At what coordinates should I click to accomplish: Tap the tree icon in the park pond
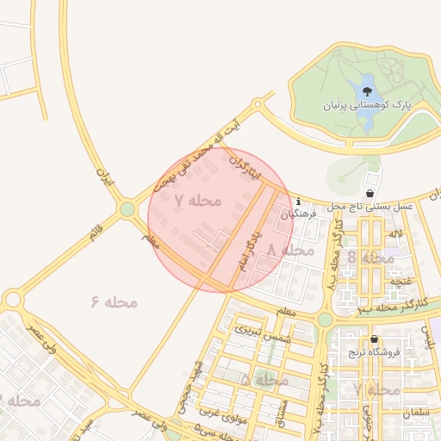(368, 90)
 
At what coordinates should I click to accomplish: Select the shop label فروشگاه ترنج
(380, 352)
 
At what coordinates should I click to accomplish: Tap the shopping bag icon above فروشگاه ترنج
(375, 339)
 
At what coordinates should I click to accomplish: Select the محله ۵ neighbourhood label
(264, 379)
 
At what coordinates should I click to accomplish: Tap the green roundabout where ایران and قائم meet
(127, 208)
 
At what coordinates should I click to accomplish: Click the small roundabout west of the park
(257, 104)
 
